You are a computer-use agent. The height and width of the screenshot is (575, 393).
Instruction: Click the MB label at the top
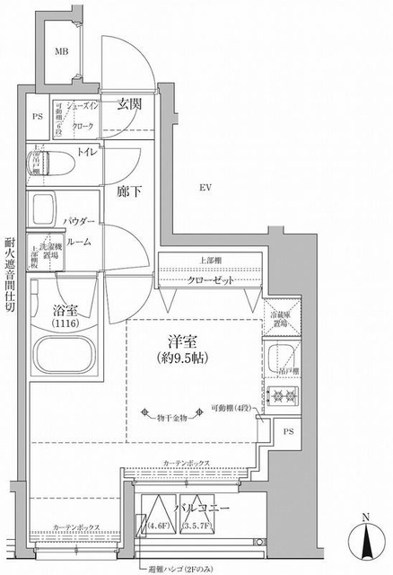coord(62,52)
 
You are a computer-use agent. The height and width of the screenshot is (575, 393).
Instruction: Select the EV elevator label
coord(205,187)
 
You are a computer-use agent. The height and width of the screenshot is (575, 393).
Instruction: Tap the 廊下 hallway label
coord(130,191)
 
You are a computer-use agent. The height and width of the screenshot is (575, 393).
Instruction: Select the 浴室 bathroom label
coord(65,308)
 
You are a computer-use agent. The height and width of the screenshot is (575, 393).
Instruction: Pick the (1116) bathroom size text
coord(65,322)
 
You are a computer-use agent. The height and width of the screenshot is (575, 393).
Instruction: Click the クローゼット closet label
coord(211,280)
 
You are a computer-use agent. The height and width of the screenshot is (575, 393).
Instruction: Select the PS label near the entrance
coord(37,116)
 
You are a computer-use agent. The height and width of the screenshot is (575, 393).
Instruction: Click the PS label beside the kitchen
coord(287,432)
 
